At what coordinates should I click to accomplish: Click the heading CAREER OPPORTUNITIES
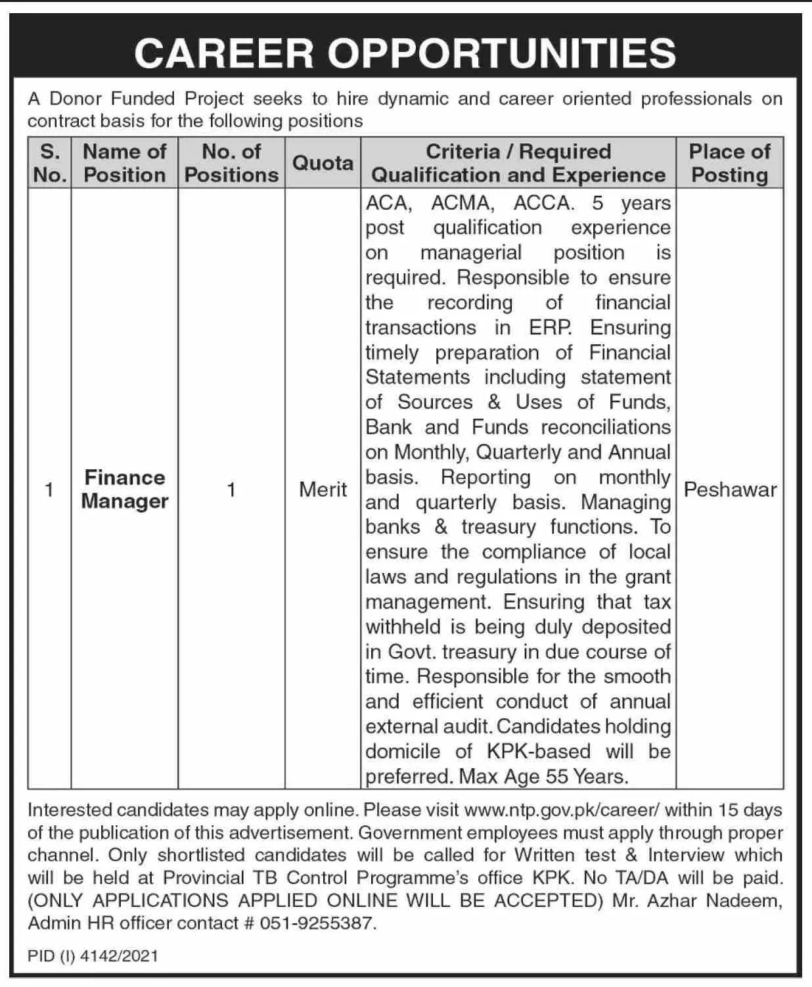point(405,53)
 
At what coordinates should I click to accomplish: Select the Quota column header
point(323,162)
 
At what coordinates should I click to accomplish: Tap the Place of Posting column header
point(729,163)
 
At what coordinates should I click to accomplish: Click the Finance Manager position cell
point(125,489)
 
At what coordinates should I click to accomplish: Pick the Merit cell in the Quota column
point(323,490)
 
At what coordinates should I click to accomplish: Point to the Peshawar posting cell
point(730,490)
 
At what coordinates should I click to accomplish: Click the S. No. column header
point(50,163)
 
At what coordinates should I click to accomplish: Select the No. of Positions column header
point(231,163)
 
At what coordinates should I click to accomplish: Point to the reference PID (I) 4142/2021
point(93,955)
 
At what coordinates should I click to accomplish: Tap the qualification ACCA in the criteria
point(542,203)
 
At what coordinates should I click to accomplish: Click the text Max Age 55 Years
point(543,777)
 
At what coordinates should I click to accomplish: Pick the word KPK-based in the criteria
point(539,752)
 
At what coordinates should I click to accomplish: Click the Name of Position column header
point(125,163)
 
